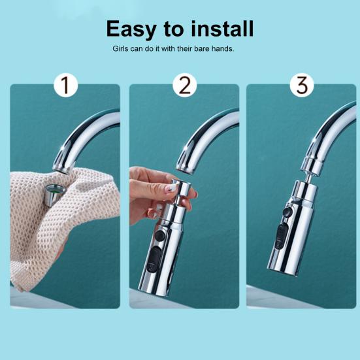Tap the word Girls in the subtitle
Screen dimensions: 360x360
coord(122,49)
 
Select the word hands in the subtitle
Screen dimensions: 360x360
coord(222,49)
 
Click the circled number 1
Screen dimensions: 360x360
coord(65,86)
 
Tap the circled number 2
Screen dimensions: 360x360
coord(184,86)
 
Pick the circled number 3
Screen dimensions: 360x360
coord(301,86)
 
